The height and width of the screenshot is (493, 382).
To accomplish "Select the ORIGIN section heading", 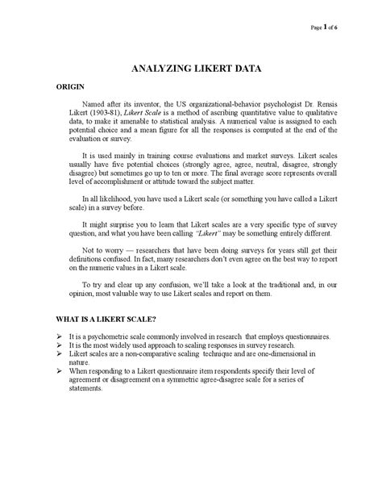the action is click(70, 86).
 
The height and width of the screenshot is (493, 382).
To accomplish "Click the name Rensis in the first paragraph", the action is click(326, 104).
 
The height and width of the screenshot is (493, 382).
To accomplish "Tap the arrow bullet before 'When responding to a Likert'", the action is click(60, 371).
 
